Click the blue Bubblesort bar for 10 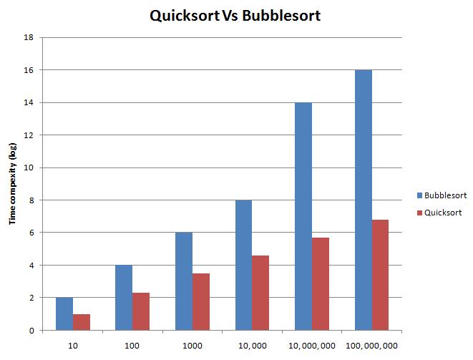(64, 313)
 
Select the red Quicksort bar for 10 (82, 322)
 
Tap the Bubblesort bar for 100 (124, 298)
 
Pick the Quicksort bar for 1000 (201, 301)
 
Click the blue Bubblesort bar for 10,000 (243, 265)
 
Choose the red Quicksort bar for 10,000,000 (321, 283)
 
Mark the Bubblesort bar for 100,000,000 (363, 200)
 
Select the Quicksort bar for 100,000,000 (380, 275)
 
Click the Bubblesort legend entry (442, 194)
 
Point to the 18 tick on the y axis (29, 37)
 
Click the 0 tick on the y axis (31, 330)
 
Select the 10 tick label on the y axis (29, 167)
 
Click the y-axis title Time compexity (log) (12, 184)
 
